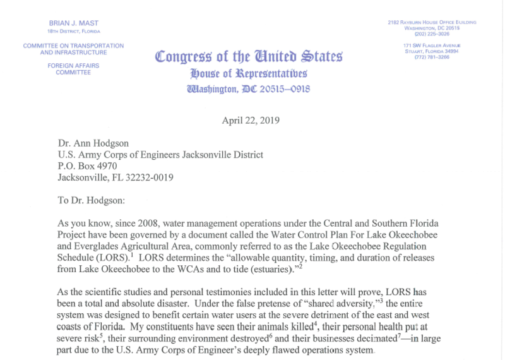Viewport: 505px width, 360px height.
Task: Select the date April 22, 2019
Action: (249, 121)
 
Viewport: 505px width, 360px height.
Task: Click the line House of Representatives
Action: (249, 72)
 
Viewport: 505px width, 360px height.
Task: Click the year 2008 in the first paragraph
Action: (137, 224)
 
